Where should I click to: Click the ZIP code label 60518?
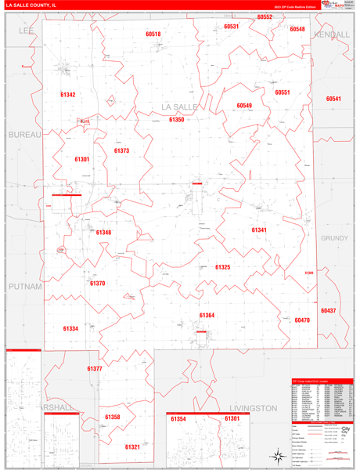pyautogui.click(x=153, y=34)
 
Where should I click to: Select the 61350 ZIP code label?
pyautogui.click(x=176, y=120)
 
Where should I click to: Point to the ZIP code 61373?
pyautogui.click(x=121, y=150)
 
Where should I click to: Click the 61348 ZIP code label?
pyautogui.click(x=104, y=232)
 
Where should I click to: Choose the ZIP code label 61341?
pyautogui.click(x=259, y=230)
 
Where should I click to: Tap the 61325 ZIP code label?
pyautogui.click(x=222, y=267)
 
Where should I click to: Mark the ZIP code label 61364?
pyautogui.click(x=207, y=315)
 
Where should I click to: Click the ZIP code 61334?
pyautogui.click(x=70, y=328)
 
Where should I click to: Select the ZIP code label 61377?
pyautogui.click(x=95, y=367)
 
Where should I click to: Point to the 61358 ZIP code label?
pyautogui.click(x=113, y=417)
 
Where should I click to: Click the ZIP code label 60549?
pyautogui.click(x=244, y=105)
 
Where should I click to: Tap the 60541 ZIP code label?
pyautogui.click(x=334, y=99)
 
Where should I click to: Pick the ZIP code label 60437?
pyautogui.click(x=328, y=311)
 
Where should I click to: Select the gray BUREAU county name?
pyautogui.click(x=23, y=135)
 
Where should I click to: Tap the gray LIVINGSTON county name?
pyautogui.click(x=254, y=408)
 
